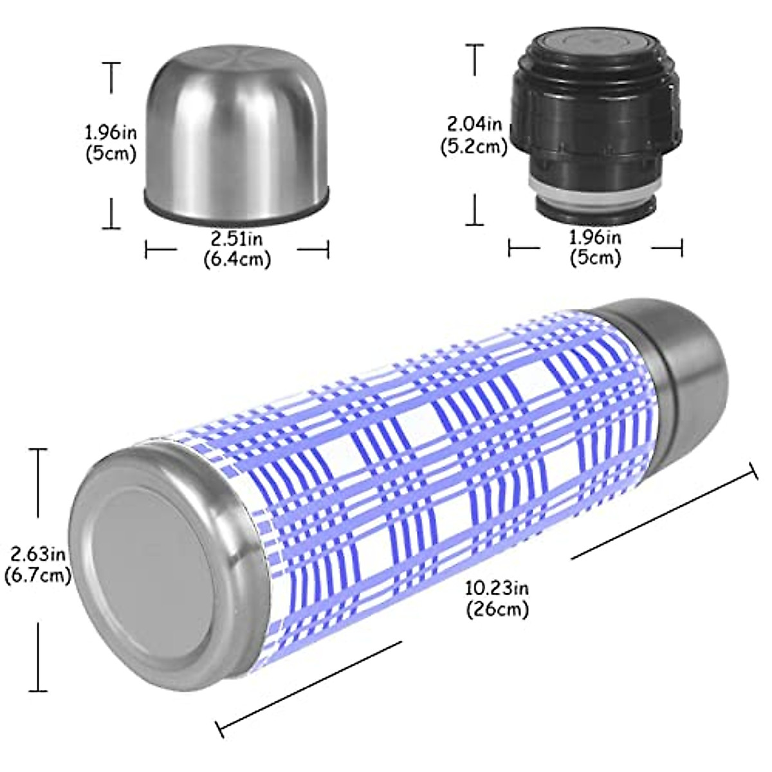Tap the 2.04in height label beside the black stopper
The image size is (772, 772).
pyautogui.click(x=475, y=122)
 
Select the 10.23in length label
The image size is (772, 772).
pyautogui.click(x=497, y=588)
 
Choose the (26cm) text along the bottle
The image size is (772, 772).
pyautogui.click(x=497, y=609)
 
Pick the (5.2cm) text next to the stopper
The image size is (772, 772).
pyautogui.click(x=474, y=146)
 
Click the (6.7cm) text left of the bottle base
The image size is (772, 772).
pyautogui.click(x=37, y=575)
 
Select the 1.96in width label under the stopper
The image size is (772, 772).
pyautogui.click(x=595, y=238)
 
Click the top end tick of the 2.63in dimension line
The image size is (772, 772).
pyautogui.click(x=39, y=450)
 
